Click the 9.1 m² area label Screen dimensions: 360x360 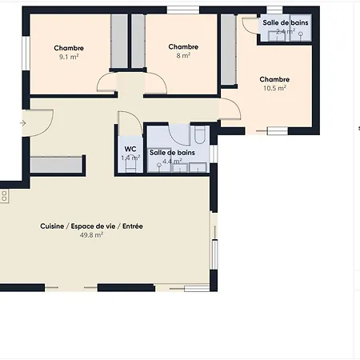tap(69, 57)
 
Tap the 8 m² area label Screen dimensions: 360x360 tap(183, 55)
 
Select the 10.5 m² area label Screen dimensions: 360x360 tap(274, 88)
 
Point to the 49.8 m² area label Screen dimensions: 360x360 tap(91, 235)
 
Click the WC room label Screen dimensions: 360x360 tap(130, 149)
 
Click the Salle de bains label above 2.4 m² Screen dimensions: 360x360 tap(286, 22)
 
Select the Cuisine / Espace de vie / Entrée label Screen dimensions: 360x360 tap(91, 226)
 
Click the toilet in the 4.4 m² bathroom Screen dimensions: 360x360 tap(200, 134)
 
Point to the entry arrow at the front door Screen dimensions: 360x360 tap(23, 123)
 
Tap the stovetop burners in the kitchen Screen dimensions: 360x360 tap(4, 196)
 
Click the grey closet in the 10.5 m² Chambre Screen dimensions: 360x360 tap(228, 50)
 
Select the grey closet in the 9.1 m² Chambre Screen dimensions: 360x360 tap(119, 42)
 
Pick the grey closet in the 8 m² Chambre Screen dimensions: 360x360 tap(138, 42)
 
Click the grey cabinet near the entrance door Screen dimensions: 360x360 tap(56, 165)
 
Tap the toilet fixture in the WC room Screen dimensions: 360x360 tap(130, 166)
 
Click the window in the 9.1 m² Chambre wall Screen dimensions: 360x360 tap(26, 54)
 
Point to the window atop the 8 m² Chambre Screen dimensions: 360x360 tap(183, 10)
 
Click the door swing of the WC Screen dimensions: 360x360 tap(130, 122)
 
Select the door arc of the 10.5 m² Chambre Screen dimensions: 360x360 tap(231, 108)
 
